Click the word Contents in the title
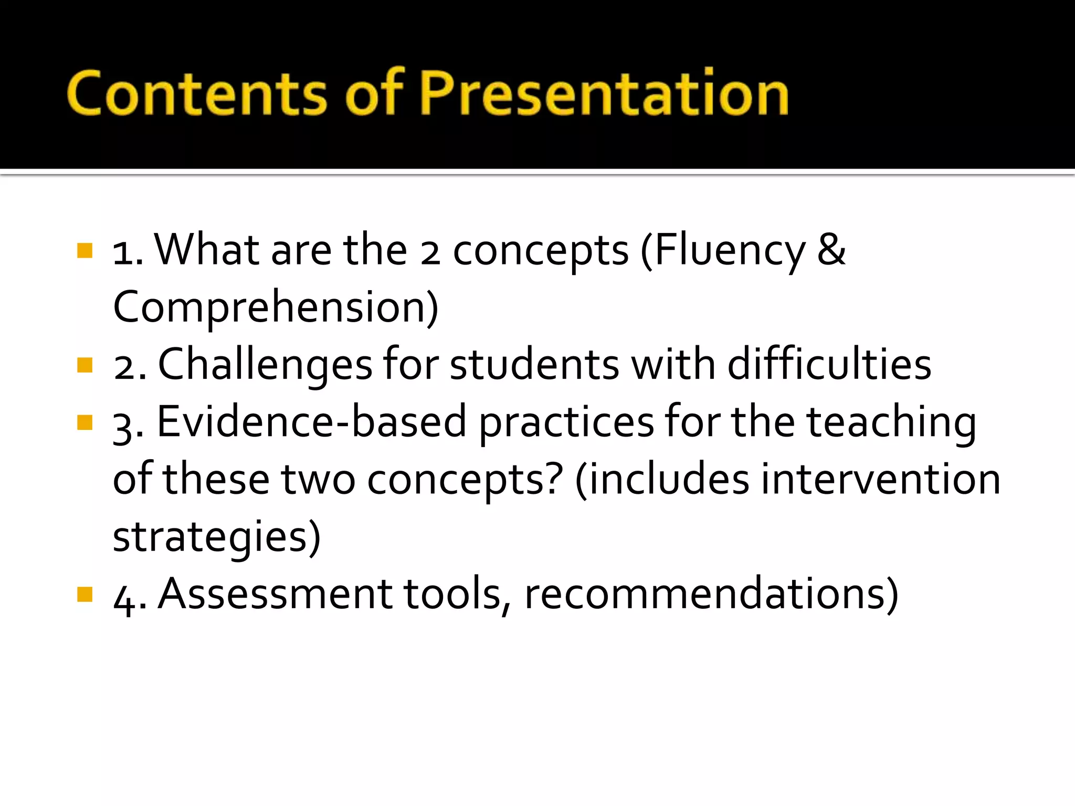(197, 93)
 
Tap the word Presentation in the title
(604, 93)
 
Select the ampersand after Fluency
(831, 250)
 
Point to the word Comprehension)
(276, 307)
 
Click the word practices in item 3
(566, 422)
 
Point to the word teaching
(891, 422)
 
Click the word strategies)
(217, 537)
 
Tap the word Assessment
(275, 594)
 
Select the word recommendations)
(711, 594)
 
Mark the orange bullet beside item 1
(85, 250)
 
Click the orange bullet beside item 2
(85, 365)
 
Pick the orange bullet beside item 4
(85, 594)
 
